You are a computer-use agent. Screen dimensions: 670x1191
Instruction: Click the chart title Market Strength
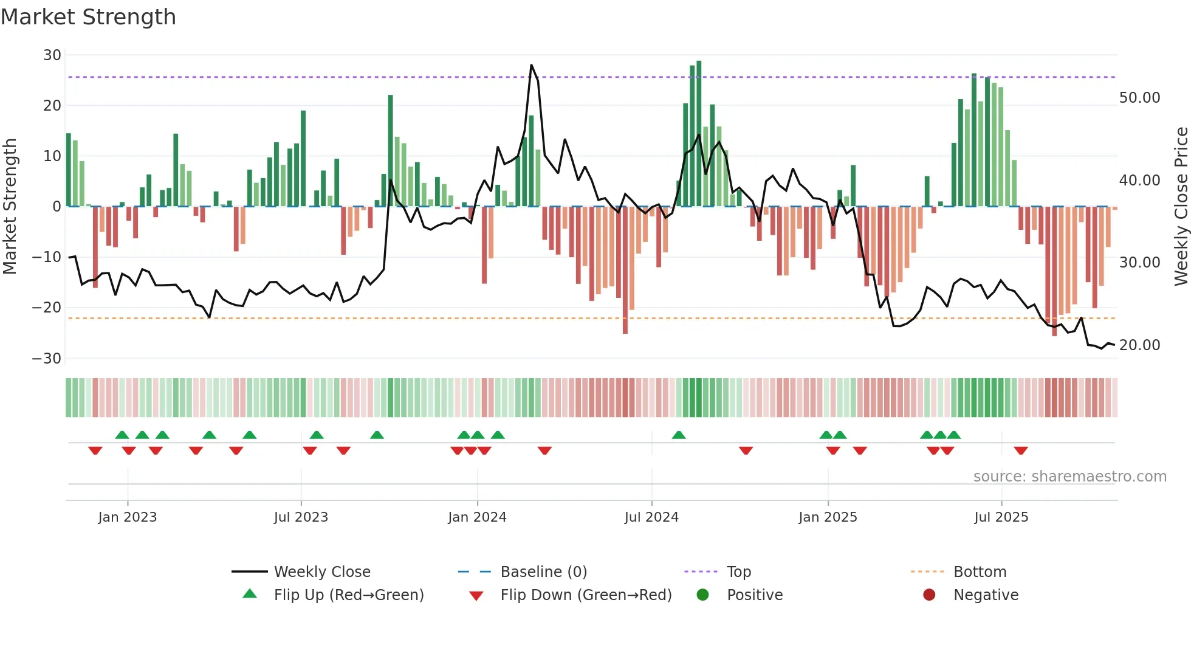tap(88, 17)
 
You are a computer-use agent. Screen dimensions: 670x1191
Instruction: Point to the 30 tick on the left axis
tap(52, 55)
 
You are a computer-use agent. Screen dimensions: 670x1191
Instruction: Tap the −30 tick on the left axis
tap(47, 358)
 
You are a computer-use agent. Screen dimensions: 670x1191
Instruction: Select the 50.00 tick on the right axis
tap(1139, 98)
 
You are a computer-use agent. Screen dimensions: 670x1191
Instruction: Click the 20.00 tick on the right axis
tap(1139, 345)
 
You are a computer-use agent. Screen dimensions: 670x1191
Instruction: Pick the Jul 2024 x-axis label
tap(651, 517)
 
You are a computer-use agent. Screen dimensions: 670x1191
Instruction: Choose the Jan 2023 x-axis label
tap(127, 517)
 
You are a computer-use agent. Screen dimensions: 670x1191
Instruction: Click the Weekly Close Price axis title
tap(1181, 206)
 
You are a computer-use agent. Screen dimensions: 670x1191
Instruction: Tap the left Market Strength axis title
tap(10, 206)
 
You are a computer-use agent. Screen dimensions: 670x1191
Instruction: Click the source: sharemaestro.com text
tap(1069, 477)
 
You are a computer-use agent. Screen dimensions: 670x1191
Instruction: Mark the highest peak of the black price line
tap(531, 65)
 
